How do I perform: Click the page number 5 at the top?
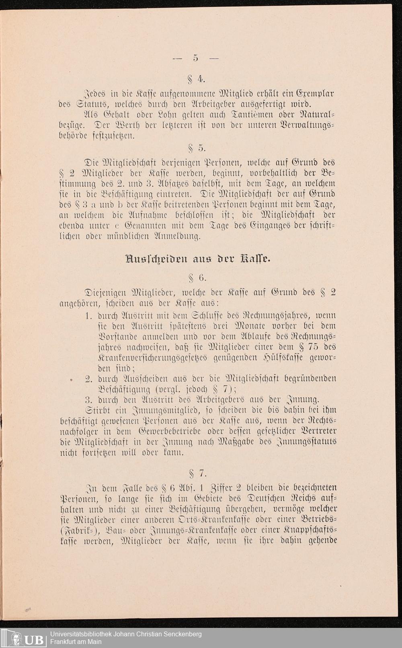(195, 58)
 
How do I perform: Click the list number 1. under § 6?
(90, 315)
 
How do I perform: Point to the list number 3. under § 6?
(90, 399)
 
